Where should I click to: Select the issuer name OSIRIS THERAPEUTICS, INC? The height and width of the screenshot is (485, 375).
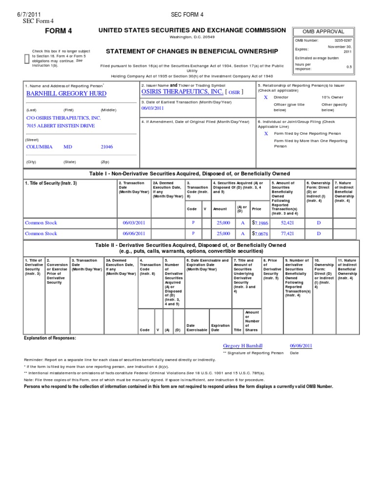pyautogui.click(x=182, y=92)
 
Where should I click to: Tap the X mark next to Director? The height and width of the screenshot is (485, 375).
pyautogui.click(x=266, y=98)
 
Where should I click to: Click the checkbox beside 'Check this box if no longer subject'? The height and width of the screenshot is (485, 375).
pyautogui.click(x=26, y=59)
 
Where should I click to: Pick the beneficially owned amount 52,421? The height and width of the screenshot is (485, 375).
pyautogui.click(x=288, y=223)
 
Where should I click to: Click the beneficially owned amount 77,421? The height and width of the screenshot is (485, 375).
pyautogui.click(x=288, y=234)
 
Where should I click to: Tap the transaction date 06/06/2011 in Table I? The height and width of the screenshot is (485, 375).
pyautogui.click(x=134, y=234)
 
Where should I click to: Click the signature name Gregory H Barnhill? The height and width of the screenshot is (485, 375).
pyautogui.click(x=242, y=345)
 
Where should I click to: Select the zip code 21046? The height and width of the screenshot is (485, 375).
pyautogui.click(x=106, y=147)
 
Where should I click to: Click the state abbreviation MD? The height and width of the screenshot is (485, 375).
pyautogui.click(x=68, y=147)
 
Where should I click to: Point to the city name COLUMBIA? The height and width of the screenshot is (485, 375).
pyautogui.click(x=39, y=147)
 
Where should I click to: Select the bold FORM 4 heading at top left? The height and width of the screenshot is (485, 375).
pyautogui.click(x=59, y=31)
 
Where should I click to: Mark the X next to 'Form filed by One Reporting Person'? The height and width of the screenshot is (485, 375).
pyautogui.click(x=266, y=133)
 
